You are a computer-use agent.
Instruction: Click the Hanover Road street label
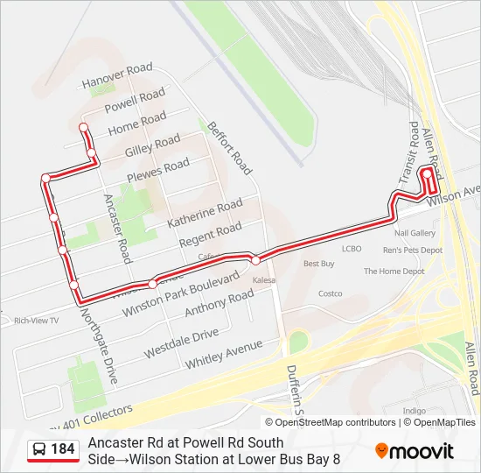[x=117, y=75]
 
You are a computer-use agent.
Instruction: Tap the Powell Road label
[x=135, y=100]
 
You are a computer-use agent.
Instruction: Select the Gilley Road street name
[x=152, y=144]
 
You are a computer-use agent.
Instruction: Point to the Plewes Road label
[x=158, y=168]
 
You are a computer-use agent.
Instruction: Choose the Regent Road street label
[x=210, y=234]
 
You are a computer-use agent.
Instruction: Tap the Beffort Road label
[x=230, y=145]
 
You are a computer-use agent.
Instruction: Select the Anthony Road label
[x=219, y=303]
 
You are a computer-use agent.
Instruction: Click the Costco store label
[x=330, y=293]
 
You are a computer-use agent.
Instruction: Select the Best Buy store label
[x=319, y=264]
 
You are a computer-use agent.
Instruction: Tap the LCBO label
[x=351, y=249]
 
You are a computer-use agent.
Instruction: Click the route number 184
[x=63, y=449]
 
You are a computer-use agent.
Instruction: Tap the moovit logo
[x=415, y=451]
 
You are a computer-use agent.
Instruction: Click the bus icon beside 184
[x=39, y=450]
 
